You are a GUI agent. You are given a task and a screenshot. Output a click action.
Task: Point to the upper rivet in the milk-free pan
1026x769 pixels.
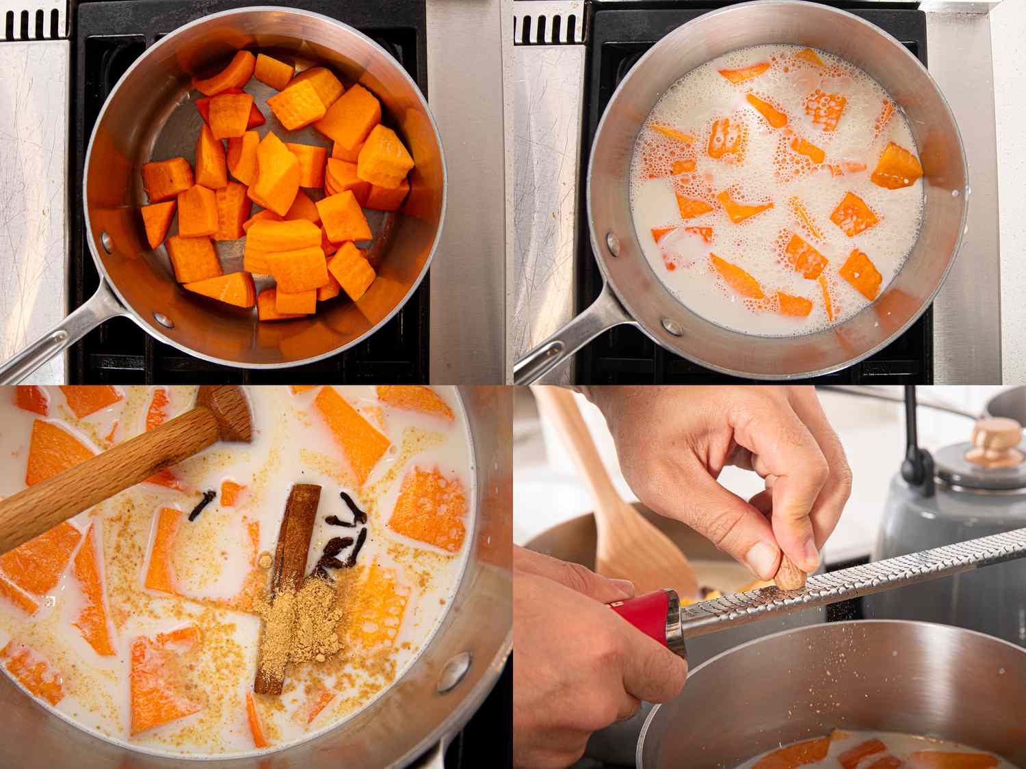(107, 240)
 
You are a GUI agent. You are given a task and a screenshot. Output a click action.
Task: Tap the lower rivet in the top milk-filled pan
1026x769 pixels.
(672, 327)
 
